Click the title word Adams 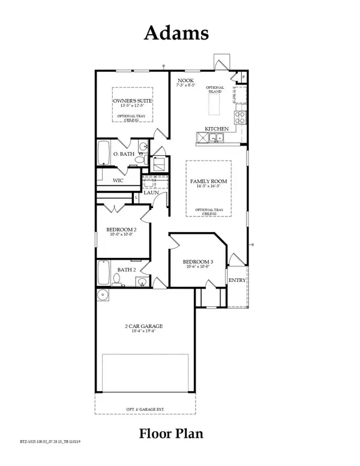coord(176,34)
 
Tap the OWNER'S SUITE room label coord(133,102)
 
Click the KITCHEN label coord(217,129)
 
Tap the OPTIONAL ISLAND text coord(214,89)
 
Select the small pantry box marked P coord(243,77)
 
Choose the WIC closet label coord(118,179)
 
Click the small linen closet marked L coord(137,197)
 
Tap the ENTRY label coord(235,279)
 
